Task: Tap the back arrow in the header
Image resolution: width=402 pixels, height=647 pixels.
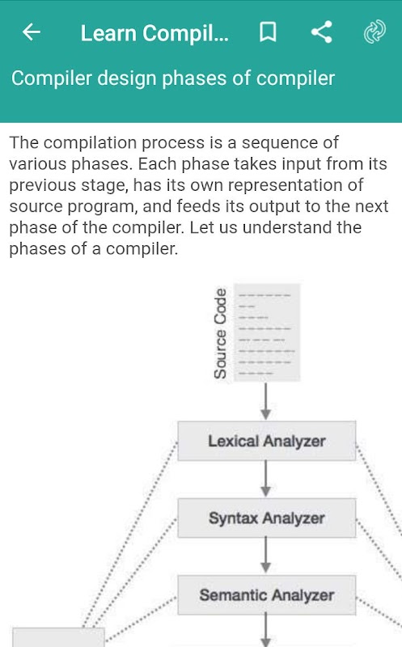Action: click(32, 32)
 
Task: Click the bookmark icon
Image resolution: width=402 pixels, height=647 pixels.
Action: click(268, 32)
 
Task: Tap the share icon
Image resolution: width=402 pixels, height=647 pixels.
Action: click(321, 32)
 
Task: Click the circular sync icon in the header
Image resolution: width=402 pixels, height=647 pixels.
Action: click(374, 32)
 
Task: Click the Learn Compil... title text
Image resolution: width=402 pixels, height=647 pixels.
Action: click(154, 33)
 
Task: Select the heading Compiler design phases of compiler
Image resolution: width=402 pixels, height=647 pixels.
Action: click(173, 78)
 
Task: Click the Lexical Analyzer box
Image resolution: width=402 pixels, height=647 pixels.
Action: click(267, 441)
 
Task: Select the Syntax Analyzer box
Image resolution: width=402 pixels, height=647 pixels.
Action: click(267, 518)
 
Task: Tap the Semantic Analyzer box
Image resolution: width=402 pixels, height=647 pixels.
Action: click(267, 595)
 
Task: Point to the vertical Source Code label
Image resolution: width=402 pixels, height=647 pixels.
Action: click(220, 333)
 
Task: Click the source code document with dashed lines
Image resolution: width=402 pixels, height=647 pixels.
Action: click(267, 332)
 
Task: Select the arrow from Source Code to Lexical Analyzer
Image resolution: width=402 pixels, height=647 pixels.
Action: click(266, 401)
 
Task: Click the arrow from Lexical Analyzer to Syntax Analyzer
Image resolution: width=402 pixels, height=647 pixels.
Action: click(266, 479)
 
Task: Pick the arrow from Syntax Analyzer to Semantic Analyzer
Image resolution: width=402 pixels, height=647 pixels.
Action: click(266, 556)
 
